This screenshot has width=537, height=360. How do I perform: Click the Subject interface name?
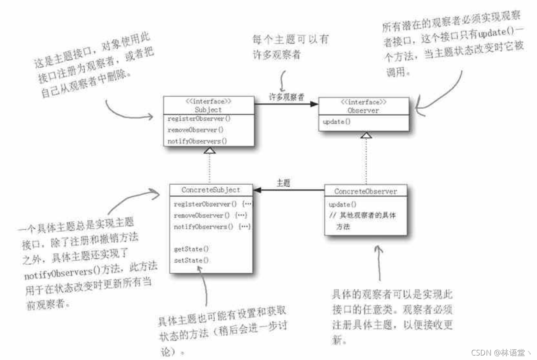tap(208, 110)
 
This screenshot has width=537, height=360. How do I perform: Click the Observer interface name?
tap(363, 110)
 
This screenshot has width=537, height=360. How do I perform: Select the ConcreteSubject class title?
tap(211, 190)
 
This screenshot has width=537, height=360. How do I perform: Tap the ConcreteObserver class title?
tap(365, 191)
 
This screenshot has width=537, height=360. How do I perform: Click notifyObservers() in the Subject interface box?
tap(197, 141)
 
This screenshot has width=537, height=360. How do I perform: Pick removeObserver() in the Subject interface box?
tap(196, 130)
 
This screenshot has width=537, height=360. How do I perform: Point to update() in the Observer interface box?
tap(337, 122)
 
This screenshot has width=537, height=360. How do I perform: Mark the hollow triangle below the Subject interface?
tap(209, 151)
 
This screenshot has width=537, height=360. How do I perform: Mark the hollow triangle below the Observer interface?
tap(366, 135)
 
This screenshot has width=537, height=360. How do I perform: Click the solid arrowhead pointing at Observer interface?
tap(313, 104)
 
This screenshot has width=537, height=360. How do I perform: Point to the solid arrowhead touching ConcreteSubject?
tap(258, 190)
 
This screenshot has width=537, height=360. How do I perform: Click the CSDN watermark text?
tap(501, 352)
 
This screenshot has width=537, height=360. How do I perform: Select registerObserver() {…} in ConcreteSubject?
tap(212, 204)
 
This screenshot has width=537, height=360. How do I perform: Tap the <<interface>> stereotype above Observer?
tap(363, 102)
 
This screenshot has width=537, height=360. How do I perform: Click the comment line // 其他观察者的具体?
tap(362, 216)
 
